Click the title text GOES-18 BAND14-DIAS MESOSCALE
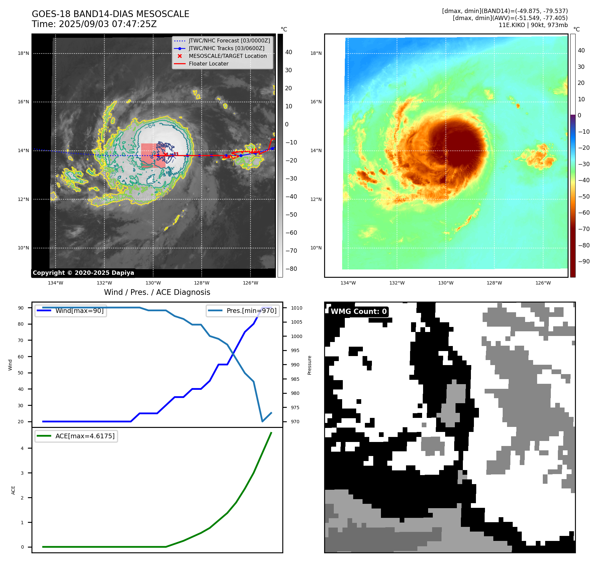coord(110,14)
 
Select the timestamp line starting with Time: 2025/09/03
coord(94,24)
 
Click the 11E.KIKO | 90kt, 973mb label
coord(533,25)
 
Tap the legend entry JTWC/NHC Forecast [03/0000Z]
coord(229,40)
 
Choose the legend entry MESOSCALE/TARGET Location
coord(227,56)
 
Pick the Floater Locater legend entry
coord(208,64)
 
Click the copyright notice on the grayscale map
coord(83,273)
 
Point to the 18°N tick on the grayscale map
coord(23,53)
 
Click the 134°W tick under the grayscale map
coord(56,283)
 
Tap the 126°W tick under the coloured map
coord(543,283)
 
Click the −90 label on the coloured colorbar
coord(584,261)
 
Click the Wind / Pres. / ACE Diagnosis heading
coord(157,292)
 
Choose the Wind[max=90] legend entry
coord(79,311)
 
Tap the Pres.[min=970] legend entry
coord(251,311)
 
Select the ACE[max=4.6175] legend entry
coord(85,436)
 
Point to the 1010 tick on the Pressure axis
coord(296,308)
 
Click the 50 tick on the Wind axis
coord(21,373)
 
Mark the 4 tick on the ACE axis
coord(22,448)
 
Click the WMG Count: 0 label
coord(359,312)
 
